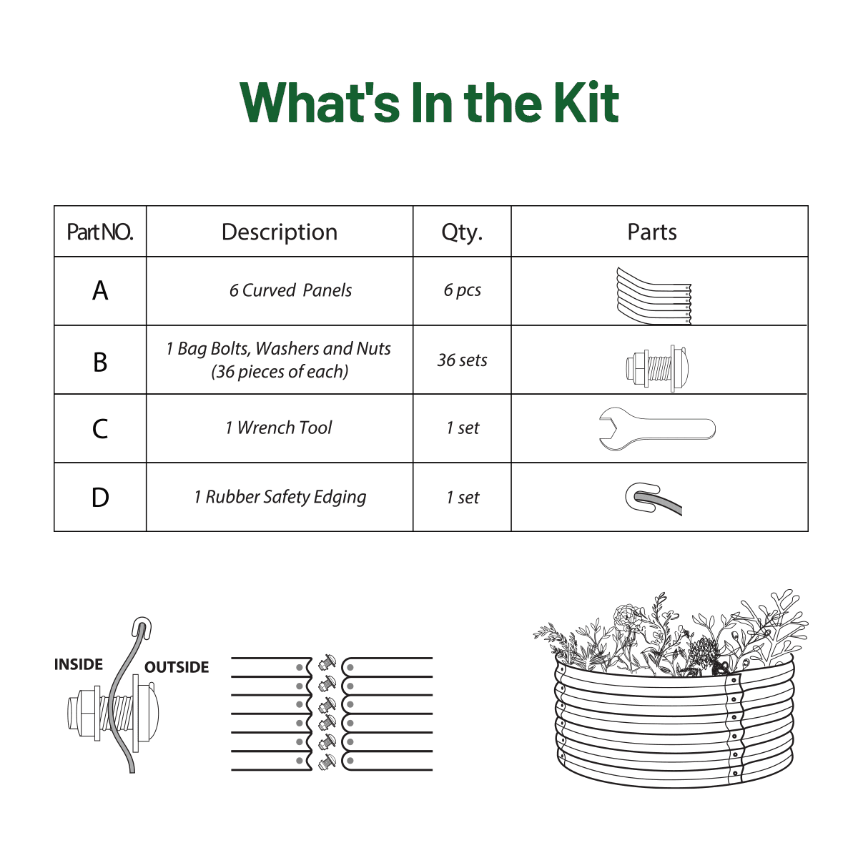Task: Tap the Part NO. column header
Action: pos(99,232)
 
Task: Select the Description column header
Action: pos(279,232)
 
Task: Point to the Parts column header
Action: pos(652,232)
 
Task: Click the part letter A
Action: pos(100,291)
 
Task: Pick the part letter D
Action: pos(100,498)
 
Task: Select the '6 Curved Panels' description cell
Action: pos(290,290)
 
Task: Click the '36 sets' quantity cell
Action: pos(462,360)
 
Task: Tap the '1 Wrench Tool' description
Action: pos(279,428)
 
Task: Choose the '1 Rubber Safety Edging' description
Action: pos(280,498)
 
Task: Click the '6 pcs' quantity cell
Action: pos(462,290)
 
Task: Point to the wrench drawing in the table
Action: pos(657,429)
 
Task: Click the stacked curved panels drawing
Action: pos(654,295)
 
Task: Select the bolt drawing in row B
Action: pos(657,368)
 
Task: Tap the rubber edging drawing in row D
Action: pos(654,499)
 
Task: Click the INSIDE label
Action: pos(79,664)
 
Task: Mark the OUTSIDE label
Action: pos(177,667)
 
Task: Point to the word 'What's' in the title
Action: pos(320,103)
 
